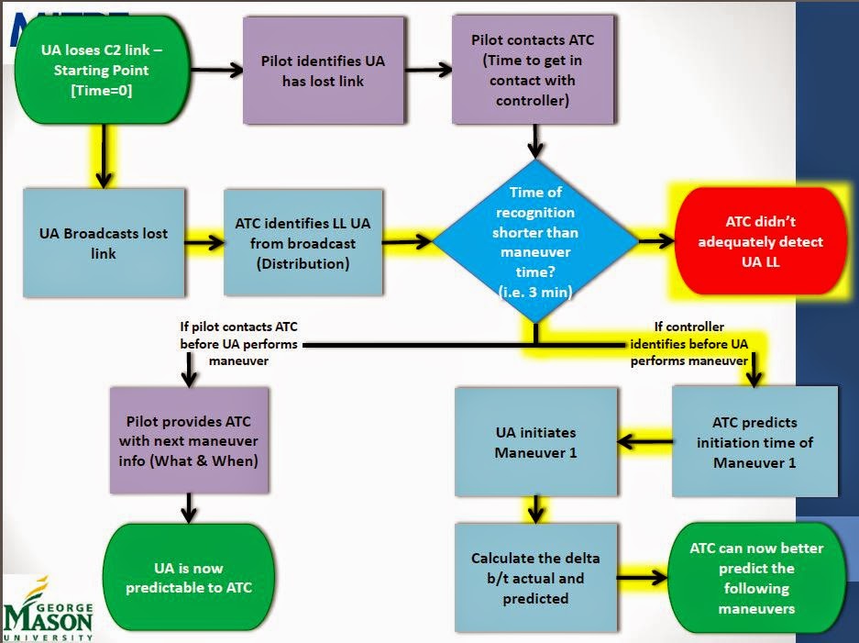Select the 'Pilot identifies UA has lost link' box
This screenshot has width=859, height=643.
[x=324, y=72]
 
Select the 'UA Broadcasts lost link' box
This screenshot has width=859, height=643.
[x=104, y=242]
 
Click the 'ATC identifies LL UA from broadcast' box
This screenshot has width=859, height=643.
[x=303, y=242]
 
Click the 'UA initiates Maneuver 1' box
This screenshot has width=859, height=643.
[x=535, y=441]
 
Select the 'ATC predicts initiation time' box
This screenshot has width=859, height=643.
[x=754, y=441]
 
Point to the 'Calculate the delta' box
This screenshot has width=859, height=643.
[x=535, y=578]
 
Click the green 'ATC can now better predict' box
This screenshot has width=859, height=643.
[x=756, y=578]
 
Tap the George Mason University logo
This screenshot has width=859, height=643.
[x=48, y=609]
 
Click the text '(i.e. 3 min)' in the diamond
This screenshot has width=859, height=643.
[x=534, y=291]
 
